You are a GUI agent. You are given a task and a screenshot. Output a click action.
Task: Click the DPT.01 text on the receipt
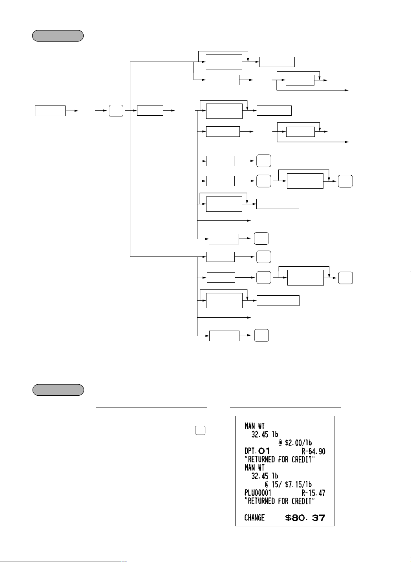[257, 451]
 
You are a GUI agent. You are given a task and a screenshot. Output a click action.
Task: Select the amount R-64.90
[313, 451]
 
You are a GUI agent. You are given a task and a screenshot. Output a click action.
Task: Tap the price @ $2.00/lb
[295, 442]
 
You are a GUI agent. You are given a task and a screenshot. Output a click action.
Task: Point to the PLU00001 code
[258, 493]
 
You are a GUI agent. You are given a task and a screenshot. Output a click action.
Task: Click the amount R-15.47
[313, 493]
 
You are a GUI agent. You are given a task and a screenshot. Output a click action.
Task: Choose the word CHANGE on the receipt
[254, 518]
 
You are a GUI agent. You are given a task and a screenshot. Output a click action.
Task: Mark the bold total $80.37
[305, 518]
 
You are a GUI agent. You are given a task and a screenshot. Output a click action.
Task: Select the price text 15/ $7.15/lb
[292, 484]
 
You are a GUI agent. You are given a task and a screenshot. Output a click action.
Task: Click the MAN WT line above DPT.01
[254, 426]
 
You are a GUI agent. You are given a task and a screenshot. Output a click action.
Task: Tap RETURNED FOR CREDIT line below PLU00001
[279, 501]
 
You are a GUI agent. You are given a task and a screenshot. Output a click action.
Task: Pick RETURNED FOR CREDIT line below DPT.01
[279, 459]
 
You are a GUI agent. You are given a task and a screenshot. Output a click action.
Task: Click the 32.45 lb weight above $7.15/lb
[265, 476]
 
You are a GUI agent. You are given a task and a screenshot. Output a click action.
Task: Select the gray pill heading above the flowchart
[58, 36]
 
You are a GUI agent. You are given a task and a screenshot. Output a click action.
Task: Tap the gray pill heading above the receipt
[58, 390]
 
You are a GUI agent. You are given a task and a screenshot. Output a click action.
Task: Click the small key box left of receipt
[200, 430]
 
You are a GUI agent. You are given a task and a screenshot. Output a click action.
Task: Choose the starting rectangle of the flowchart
[50, 111]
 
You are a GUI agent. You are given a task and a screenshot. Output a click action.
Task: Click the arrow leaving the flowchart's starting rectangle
[72, 111]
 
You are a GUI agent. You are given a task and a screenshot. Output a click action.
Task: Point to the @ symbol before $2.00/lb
[280, 442]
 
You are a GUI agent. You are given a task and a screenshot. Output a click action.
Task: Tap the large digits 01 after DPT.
[264, 451]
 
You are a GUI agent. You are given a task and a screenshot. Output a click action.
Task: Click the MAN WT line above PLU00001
[254, 467]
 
